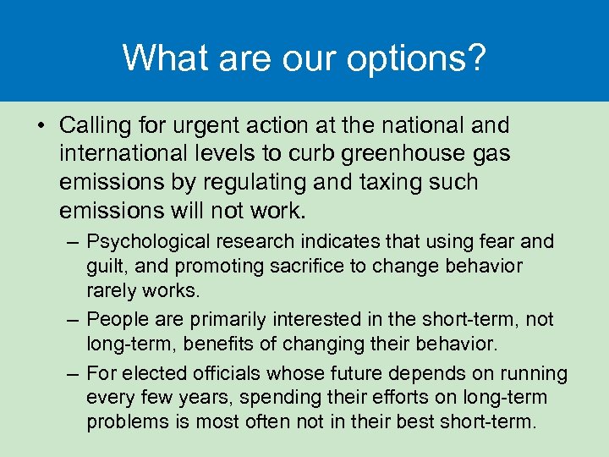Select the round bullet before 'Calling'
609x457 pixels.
[41, 127]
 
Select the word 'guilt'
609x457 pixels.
[106, 267]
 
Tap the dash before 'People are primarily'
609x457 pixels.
[74, 319]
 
